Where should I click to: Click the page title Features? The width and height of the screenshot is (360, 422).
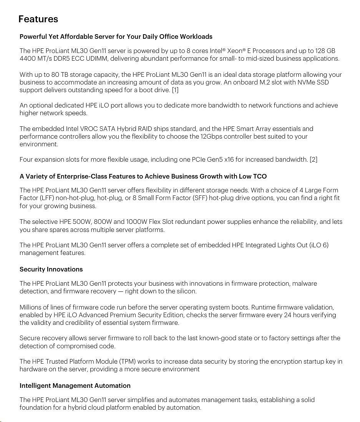click(38, 19)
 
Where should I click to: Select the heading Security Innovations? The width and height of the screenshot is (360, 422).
click(51, 269)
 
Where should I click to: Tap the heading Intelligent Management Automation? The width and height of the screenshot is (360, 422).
click(75, 386)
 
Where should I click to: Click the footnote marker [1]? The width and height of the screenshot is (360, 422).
click(175, 90)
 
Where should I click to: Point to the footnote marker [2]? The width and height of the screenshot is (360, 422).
click(314, 159)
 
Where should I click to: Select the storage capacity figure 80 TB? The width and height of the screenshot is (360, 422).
click(48, 74)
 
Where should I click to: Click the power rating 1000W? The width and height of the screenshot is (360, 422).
click(137, 222)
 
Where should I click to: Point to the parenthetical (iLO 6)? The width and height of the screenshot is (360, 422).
click(319, 245)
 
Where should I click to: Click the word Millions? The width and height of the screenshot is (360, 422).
click(32, 307)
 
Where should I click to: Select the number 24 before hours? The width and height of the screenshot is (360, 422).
click(288, 315)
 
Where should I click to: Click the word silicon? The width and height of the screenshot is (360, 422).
click(186, 291)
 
